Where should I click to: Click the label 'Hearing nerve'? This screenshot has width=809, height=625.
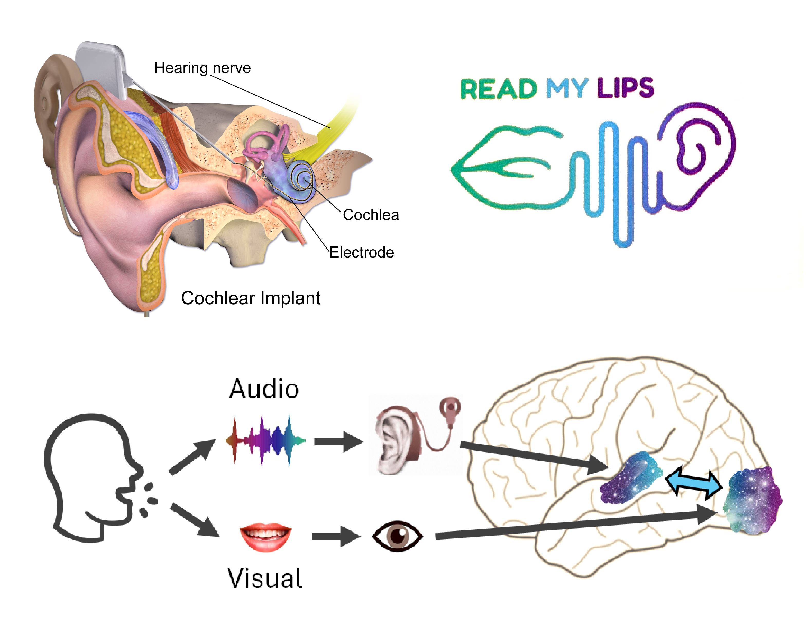tap(202, 68)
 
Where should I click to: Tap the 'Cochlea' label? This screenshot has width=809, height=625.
tap(370, 215)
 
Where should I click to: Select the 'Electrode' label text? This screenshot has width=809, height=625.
tap(362, 253)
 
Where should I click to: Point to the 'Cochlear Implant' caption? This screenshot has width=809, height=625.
tap(250, 298)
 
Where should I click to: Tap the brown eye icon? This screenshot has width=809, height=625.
tap(397, 536)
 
